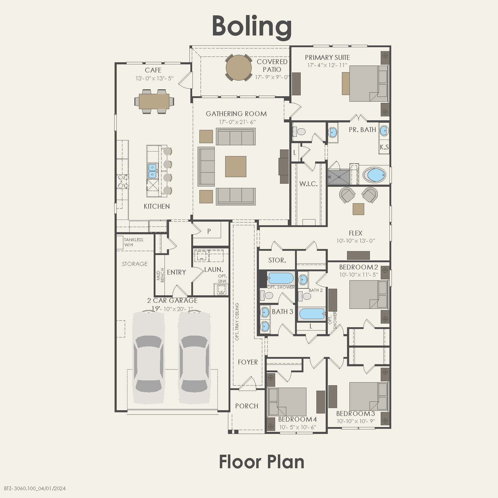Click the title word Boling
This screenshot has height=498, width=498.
click(252, 26)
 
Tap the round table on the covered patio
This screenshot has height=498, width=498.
click(239, 68)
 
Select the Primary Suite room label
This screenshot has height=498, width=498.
click(327, 57)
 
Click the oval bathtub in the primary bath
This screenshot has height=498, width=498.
click(374, 175)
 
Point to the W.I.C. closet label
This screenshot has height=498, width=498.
click(308, 184)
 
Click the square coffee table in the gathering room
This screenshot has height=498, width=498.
click(236, 166)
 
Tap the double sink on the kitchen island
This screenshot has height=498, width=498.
click(152, 171)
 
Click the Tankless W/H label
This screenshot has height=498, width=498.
click(133, 242)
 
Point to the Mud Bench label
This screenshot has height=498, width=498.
click(161, 275)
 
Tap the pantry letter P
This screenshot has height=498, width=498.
click(209, 231)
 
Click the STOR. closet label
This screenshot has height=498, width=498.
click(277, 260)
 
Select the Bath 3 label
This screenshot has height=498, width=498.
click(282, 312)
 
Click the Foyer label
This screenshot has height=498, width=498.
click(248, 362)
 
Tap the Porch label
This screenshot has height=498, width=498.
click(247, 406)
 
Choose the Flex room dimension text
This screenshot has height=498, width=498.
click(355, 241)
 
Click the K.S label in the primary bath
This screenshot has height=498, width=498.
click(384, 147)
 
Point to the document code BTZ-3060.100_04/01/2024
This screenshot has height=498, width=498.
click(35, 488)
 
